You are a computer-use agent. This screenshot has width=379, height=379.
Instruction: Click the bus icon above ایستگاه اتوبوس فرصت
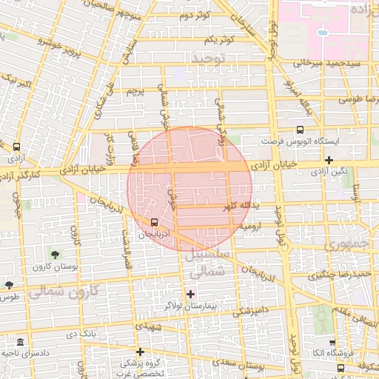300,130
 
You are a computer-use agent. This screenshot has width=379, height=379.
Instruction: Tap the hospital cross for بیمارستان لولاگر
190,295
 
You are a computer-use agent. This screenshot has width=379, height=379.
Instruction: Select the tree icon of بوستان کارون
56,255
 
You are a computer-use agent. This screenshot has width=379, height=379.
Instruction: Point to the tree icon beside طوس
9,285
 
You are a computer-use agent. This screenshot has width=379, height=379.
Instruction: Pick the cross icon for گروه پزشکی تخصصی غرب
140,352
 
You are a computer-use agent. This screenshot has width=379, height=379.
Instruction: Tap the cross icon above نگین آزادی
329,160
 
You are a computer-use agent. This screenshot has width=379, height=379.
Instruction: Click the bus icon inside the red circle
154,222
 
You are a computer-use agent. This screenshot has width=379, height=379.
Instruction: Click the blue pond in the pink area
322,33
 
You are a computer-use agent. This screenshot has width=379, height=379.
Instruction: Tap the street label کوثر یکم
220,39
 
